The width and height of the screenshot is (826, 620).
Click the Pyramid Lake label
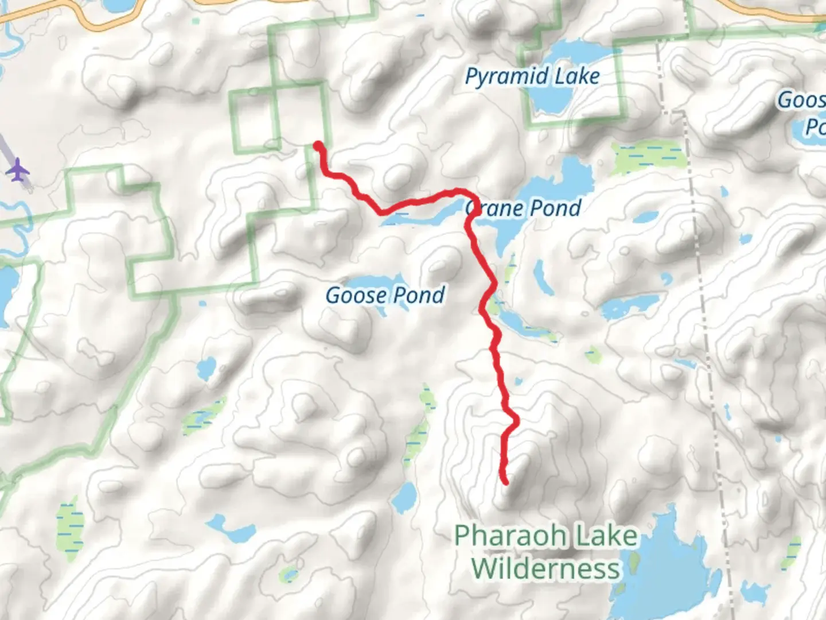(x=532, y=77)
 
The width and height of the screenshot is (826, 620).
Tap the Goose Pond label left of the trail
(x=385, y=296)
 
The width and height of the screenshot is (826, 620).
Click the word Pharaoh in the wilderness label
(x=502, y=536)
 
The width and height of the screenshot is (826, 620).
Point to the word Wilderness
(x=546, y=568)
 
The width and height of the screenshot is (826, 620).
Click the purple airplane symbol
(x=19, y=170)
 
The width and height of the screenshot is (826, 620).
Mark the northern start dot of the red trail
(x=317, y=146)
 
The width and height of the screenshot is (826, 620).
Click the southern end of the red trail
(x=505, y=482)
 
